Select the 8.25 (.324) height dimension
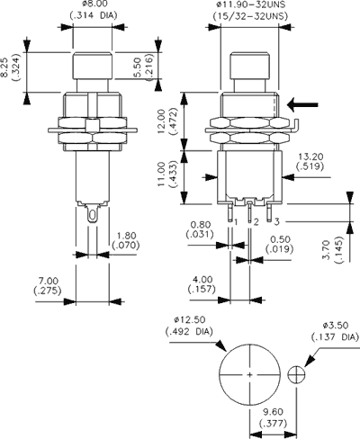click(x=11, y=73)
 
